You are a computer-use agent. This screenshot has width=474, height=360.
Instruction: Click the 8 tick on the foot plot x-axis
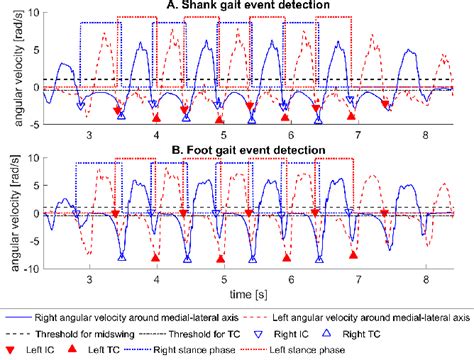pyautogui.click(x=428, y=281)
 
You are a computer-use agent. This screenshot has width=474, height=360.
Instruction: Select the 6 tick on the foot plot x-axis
pyautogui.click(x=291, y=281)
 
